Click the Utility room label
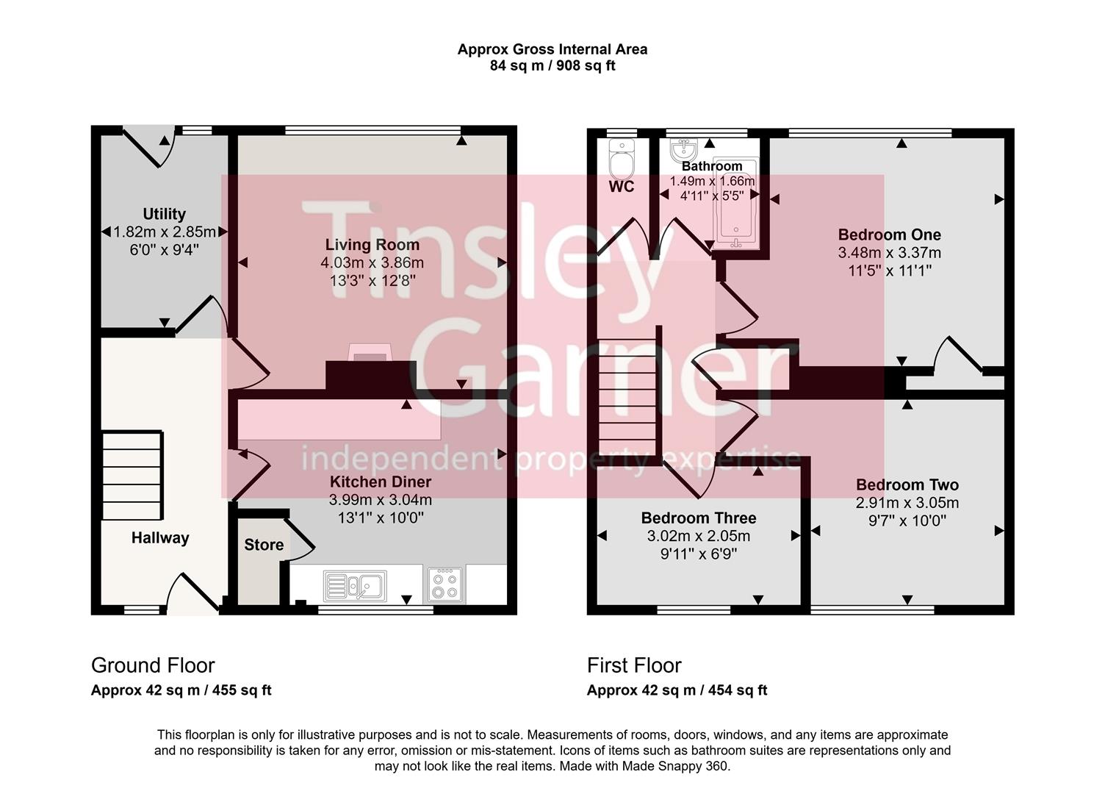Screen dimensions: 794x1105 pos(164,214)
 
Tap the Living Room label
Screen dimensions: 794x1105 pos(372,245)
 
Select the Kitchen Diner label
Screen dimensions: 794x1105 pos(380,482)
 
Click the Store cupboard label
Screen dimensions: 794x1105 pos(264,545)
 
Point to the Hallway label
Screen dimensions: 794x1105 pos(160,537)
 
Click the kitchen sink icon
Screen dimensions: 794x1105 pos(355,586)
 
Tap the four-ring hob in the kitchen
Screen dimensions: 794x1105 pos(445,584)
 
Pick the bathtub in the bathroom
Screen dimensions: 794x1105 pos(736,213)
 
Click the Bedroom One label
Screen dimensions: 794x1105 pos(889,235)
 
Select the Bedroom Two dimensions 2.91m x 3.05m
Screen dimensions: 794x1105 pos(907,503)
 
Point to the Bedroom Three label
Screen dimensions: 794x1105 pos(698,518)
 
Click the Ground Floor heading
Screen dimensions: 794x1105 pos(153,665)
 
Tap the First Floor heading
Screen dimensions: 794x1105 pos(634,665)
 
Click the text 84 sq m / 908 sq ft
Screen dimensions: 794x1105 pos(552,65)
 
